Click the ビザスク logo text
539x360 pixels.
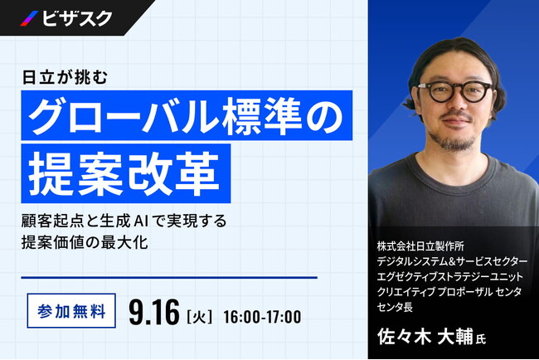77,18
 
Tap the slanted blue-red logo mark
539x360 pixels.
29,18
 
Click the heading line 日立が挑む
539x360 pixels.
65,77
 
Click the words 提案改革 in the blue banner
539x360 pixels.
124,174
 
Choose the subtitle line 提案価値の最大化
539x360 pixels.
85,242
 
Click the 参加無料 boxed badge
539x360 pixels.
71,311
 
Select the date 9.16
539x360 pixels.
154,313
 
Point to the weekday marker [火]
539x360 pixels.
199,317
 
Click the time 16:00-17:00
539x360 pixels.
262,317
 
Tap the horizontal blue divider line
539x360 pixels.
169,277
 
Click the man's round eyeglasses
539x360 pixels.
456,91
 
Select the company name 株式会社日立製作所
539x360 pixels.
420,246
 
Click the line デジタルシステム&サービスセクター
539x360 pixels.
452,261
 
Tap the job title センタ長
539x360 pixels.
395,307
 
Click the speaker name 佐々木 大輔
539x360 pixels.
425,337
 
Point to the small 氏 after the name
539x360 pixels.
481,339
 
